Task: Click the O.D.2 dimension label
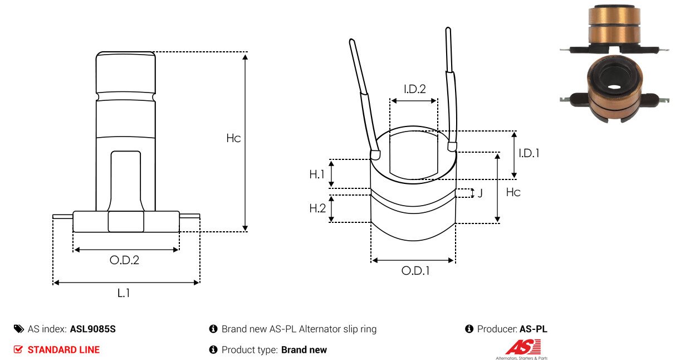point(124,260)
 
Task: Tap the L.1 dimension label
point(124,293)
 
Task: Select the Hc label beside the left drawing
point(233,138)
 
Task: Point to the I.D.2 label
point(415,89)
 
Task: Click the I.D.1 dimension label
point(529,153)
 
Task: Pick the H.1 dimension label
point(317,174)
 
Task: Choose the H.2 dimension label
point(317,208)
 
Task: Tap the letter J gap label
point(480,193)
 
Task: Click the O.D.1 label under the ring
point(415,271)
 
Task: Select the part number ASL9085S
point(93,329)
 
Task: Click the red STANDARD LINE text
point(63,350)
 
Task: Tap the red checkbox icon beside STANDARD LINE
point(18,349)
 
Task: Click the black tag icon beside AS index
point(19,329)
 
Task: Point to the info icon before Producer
point(469,329)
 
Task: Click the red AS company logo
point(523,347)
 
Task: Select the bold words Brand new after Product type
point(304,350)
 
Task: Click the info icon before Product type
point(213,349)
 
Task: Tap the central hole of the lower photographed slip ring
point(614,87)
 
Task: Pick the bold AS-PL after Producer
point(534,329)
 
